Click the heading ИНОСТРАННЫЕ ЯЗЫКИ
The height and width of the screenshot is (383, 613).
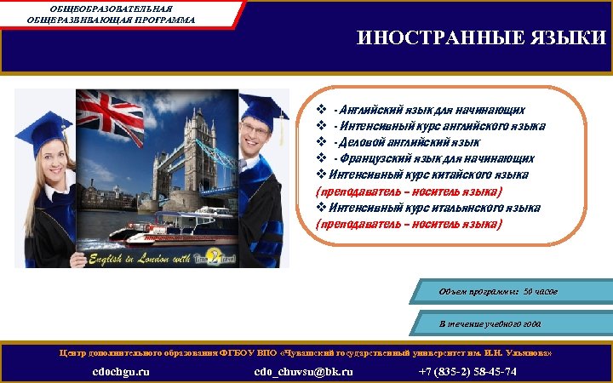click(481, 38)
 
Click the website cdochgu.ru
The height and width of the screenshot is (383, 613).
click(121, 371)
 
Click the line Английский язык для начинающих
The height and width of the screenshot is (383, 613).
click(429, 110)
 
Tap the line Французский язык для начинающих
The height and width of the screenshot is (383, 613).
click(434, 158)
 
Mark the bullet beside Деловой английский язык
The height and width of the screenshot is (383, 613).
click(322, 142)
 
